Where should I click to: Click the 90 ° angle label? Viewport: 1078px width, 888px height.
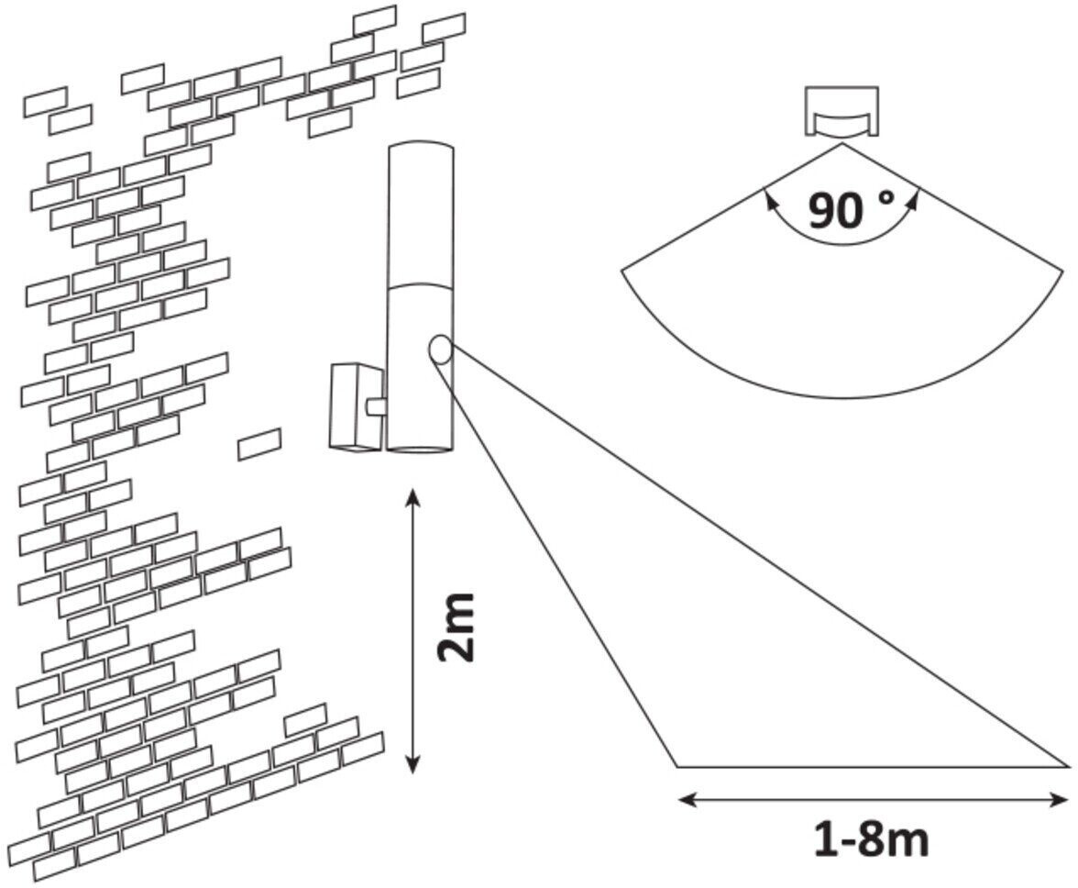tap(849, 210)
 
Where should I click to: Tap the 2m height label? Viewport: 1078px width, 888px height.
tap(456, 628)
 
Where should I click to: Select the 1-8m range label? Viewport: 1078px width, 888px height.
tap(871, 838)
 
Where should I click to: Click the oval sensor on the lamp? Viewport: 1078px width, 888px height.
tap(439, 349)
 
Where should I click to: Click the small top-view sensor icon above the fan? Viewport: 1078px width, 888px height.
tap(841, 112)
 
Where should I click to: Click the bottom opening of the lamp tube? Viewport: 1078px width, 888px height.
tap(419, 450)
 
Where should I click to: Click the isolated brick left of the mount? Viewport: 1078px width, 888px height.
tap(259, 443)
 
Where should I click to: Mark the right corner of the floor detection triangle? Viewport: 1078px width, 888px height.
tap(1068, 765)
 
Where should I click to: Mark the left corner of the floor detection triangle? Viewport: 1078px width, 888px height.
tap(677, 765)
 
